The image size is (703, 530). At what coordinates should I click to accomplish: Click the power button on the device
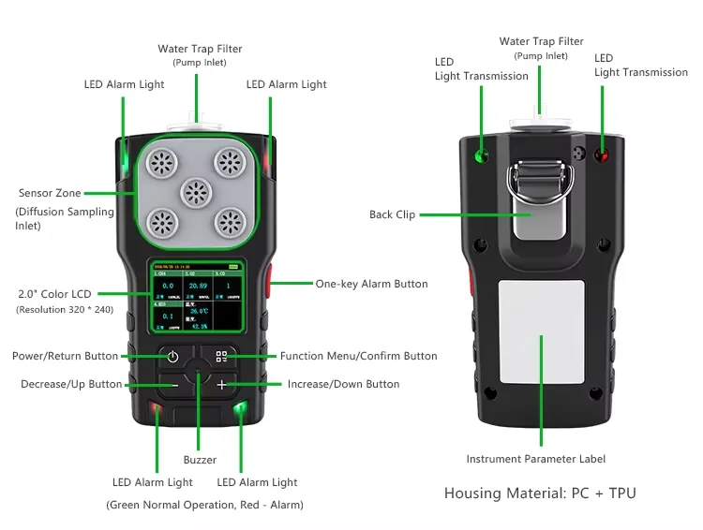click(172, 357)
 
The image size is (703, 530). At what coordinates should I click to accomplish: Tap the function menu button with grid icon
click(221, 357)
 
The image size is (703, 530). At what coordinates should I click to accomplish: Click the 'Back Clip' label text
click(392, 215)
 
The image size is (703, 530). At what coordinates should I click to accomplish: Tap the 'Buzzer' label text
click(200, 460)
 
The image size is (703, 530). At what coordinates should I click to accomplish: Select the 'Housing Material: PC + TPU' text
click(540, 493)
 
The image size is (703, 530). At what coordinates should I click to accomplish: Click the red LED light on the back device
click(601, 155)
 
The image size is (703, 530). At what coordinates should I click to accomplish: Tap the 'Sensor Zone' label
click(49, 194)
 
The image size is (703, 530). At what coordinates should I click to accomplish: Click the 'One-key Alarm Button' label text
click(371, 284)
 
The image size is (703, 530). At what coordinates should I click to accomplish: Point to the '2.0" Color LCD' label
click(54, 294)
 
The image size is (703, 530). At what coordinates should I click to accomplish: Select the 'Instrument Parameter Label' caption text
click(536, 459)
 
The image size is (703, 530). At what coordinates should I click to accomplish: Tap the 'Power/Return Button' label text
click(65, 356)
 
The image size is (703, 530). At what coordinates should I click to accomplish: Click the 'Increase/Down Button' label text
click(343, 384)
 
